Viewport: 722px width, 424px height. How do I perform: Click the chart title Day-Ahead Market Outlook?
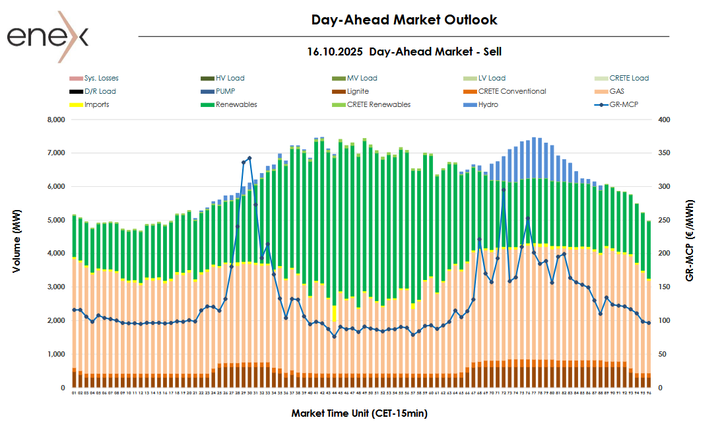404,20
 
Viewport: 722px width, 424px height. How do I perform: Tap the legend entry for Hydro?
488,104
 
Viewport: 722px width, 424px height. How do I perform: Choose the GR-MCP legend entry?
624,104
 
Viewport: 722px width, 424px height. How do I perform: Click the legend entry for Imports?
96,104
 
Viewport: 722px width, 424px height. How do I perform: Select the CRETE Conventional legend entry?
512,91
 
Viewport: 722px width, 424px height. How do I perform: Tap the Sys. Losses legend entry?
101,78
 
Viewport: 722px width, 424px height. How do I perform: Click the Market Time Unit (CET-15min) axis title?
360,413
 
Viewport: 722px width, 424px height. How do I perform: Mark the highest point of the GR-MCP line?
249,159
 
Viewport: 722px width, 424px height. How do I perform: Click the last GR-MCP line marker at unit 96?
649,323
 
